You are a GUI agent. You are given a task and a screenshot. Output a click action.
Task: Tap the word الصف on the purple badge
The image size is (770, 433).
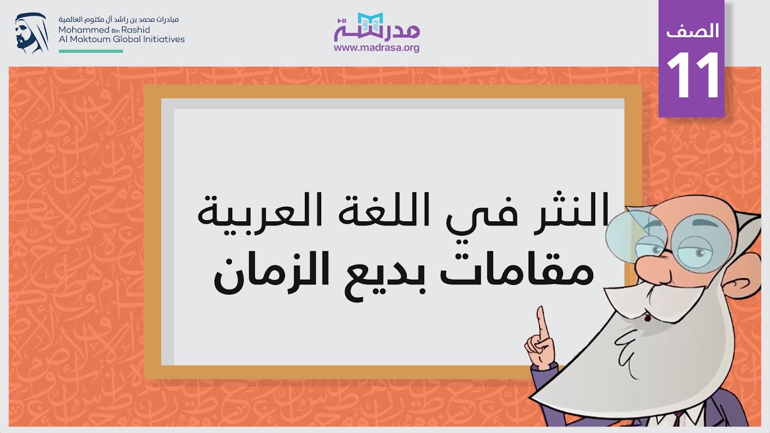click(x=692, y=31)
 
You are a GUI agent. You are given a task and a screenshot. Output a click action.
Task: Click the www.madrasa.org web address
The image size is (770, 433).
click(x=377, y=48)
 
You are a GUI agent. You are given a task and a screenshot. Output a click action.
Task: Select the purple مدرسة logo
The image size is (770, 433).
click(x=377, y=26)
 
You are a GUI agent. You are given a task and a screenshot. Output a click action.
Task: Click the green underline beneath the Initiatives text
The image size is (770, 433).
click(x=91, y=51)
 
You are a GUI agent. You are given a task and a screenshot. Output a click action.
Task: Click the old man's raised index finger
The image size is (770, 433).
click(x=542, y=319)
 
